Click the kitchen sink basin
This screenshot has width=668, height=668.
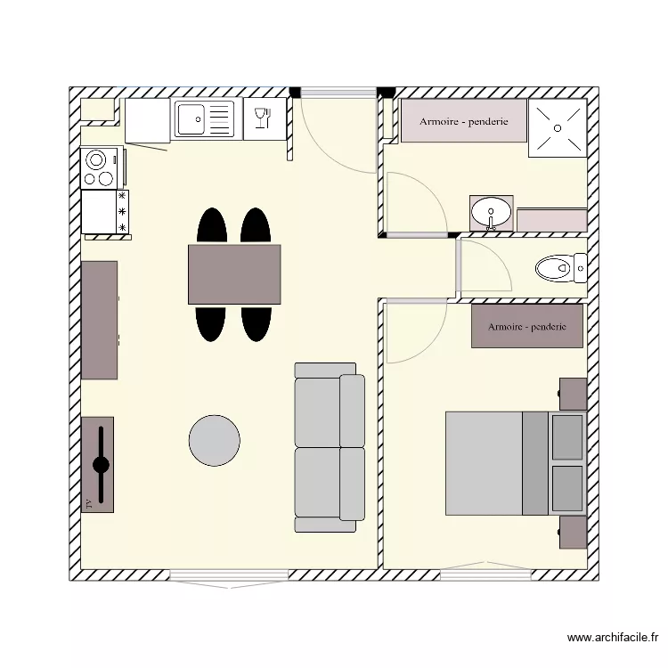[x=191, y=118]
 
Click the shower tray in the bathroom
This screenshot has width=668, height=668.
[x=558, y=127]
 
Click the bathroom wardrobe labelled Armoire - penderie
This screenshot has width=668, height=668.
[x=463, y=121]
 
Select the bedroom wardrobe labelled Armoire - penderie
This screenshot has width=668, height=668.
[x=526, y=326]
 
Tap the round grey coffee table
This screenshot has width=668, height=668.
[x=214, y=440]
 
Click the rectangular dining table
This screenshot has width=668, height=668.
[x=234, y=273]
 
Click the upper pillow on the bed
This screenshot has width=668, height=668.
[x=566, y=436]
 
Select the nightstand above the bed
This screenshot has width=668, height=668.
[x=573, y=393]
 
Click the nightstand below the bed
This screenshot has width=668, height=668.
[x=573, y=533]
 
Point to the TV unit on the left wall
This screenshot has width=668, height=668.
[x=98, y=464]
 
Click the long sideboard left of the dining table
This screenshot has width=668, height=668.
[x=99, y=320]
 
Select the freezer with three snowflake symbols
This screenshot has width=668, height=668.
[x=105, y=212]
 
